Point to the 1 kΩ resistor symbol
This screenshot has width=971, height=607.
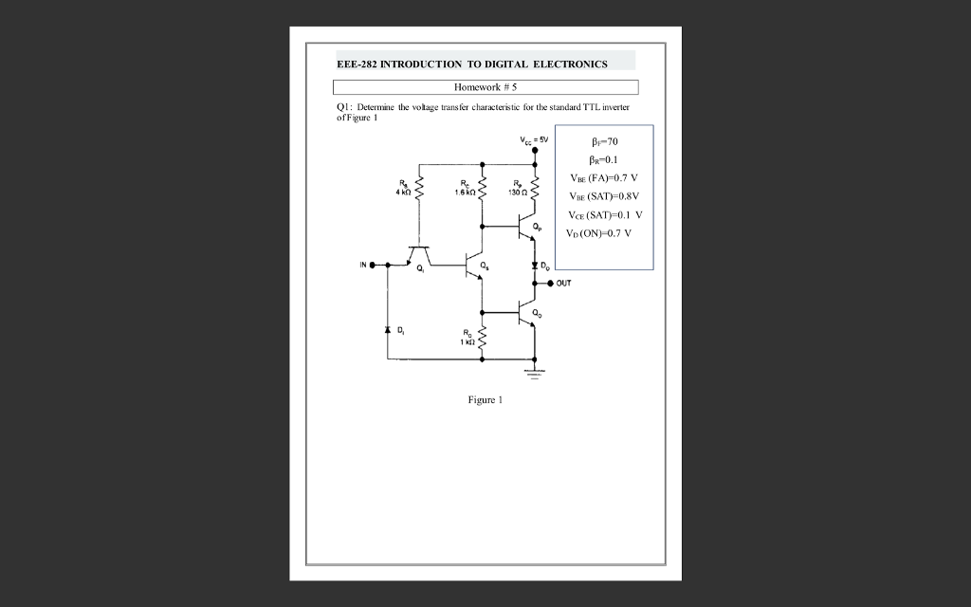click(x=482, y=338)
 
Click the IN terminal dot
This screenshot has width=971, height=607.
click(x=372, y=265)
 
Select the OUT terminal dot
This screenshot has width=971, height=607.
click(x=550, y=282)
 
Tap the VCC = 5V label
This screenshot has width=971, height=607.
click(x=534, y=140)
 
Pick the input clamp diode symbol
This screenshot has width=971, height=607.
click(x=387, y=331)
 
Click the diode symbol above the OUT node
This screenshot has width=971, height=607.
click(x=535, y=265)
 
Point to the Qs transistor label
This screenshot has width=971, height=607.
click(x=485, y=265)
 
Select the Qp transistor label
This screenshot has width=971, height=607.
click(x=537, y=226)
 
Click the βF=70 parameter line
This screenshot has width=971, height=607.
click(x=604, y=141)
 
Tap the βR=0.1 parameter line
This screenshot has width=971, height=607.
click(x=604, y=159)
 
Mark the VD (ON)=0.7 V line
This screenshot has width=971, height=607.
click(x=599, y=232)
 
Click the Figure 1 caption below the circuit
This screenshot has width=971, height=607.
click(x=485, y=400)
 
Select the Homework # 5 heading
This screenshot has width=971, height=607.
click(x=485, y=87)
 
